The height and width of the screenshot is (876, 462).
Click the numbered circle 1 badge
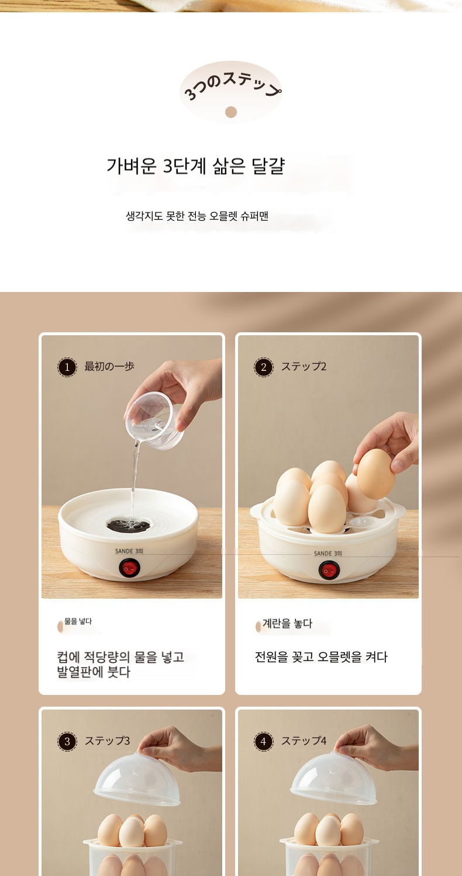pos(67,367)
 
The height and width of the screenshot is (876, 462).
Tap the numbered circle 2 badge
pos(264,367)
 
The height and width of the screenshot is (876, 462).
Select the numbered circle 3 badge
pos(67,741)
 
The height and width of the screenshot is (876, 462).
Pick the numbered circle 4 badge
pos(264,741)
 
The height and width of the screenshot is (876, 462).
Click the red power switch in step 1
pos(129,568)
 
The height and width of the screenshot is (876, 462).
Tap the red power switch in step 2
pos(328,571)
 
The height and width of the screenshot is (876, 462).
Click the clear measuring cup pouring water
pos(154,420)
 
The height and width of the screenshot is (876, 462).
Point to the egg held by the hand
pos(376,474)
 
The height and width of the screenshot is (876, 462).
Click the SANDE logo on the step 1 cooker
pos(129,551)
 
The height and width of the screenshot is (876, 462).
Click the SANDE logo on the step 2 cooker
pos(328,554)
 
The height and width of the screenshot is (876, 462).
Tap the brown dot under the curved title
pos(231,112)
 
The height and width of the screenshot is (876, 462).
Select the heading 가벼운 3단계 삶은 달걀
pos(196,166)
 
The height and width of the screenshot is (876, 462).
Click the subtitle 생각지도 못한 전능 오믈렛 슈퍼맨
pos(197,216)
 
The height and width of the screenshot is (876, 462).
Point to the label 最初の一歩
pos(109,366)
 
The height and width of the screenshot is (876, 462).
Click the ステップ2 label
pos(304,366)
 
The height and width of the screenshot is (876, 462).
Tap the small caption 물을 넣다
pos(78,621)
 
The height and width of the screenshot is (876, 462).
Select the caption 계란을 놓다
pos(287,623)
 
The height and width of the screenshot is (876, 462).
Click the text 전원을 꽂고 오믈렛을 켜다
pos(321,656)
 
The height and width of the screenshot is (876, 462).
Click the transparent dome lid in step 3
pos(137,779)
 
